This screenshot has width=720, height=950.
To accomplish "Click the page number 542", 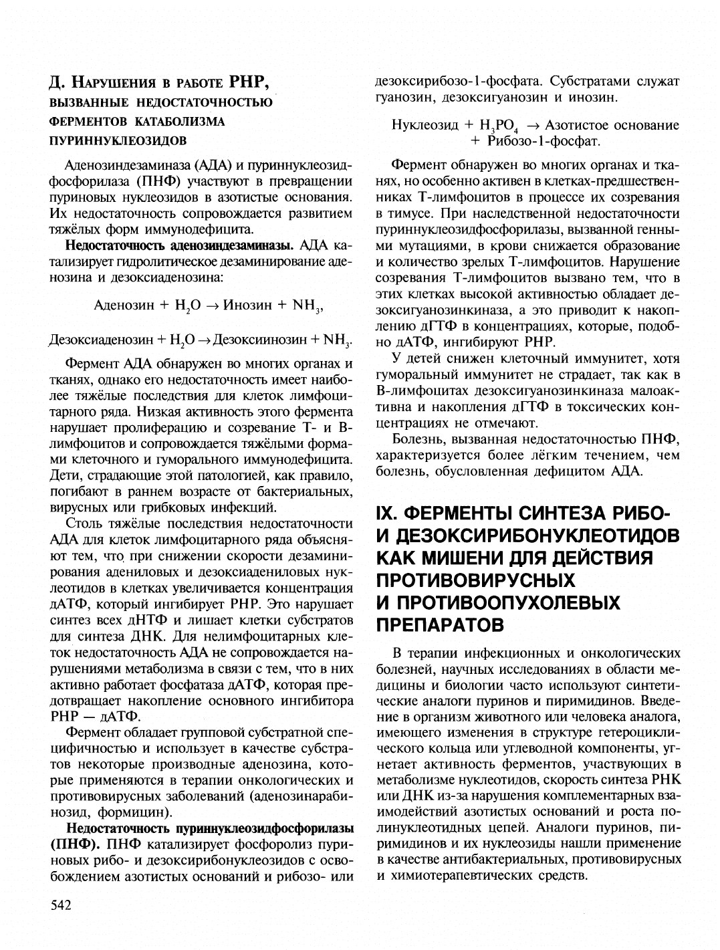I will click(60, 905).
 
